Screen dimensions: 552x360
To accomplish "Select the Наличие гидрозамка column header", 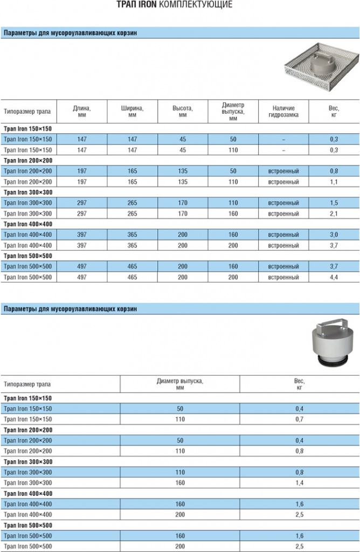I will pos(283,112).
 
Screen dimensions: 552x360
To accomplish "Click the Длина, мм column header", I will pos(82,112).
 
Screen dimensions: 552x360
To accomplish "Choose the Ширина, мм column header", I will pos(132,112).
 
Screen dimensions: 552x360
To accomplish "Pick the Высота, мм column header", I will pos(183,112).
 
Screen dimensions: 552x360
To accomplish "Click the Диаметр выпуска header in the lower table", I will pos(180,384).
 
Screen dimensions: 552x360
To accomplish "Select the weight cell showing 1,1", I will pos(334,182).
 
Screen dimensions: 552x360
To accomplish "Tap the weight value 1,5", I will pos(334,203).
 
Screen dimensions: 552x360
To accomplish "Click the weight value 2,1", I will pos(334,213).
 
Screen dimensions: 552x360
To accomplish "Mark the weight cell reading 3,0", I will pos(334,234).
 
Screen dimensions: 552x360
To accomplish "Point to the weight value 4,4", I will pos(334,277).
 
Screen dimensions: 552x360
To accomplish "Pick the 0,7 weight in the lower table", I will pos(299,419).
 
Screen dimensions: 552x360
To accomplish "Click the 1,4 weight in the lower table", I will pos(299,482).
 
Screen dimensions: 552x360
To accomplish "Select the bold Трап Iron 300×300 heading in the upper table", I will pos(28,192).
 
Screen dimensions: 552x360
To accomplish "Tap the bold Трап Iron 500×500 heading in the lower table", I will pos(28,525).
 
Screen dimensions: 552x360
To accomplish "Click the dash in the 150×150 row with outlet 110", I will pos(283,150).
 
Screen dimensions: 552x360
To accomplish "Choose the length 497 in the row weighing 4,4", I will pos(82,277).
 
